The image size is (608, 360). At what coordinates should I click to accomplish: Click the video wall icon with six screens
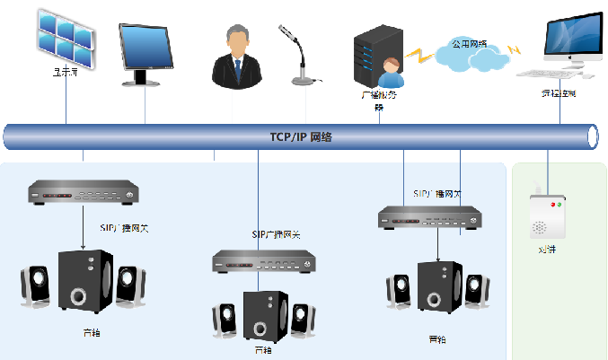point(66,36)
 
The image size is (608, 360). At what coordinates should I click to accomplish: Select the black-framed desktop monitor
point(145,51)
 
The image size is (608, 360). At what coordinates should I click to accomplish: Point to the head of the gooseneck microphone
point(291,35)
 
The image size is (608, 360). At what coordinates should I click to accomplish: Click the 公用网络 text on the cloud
point(468,42)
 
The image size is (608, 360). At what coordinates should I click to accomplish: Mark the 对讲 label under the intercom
point(547,250)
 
